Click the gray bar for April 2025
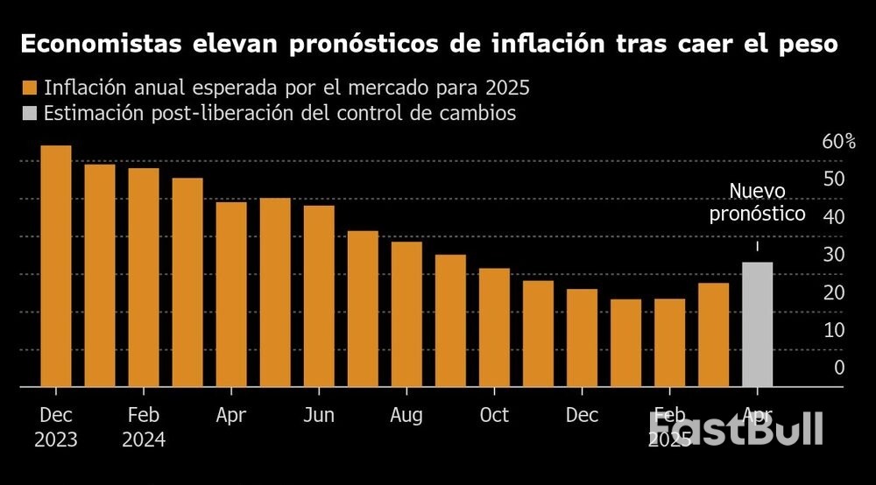pos(757,324)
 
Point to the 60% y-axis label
pos(837,142)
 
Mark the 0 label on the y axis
pos(839,368)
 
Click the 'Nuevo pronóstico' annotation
pos(757,202)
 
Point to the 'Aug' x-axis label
pos(406,415)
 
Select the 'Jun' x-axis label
pos(319,415)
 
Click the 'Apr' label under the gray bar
pos(757,415)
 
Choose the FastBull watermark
pos(736,429)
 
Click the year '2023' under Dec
pos(56,439)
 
